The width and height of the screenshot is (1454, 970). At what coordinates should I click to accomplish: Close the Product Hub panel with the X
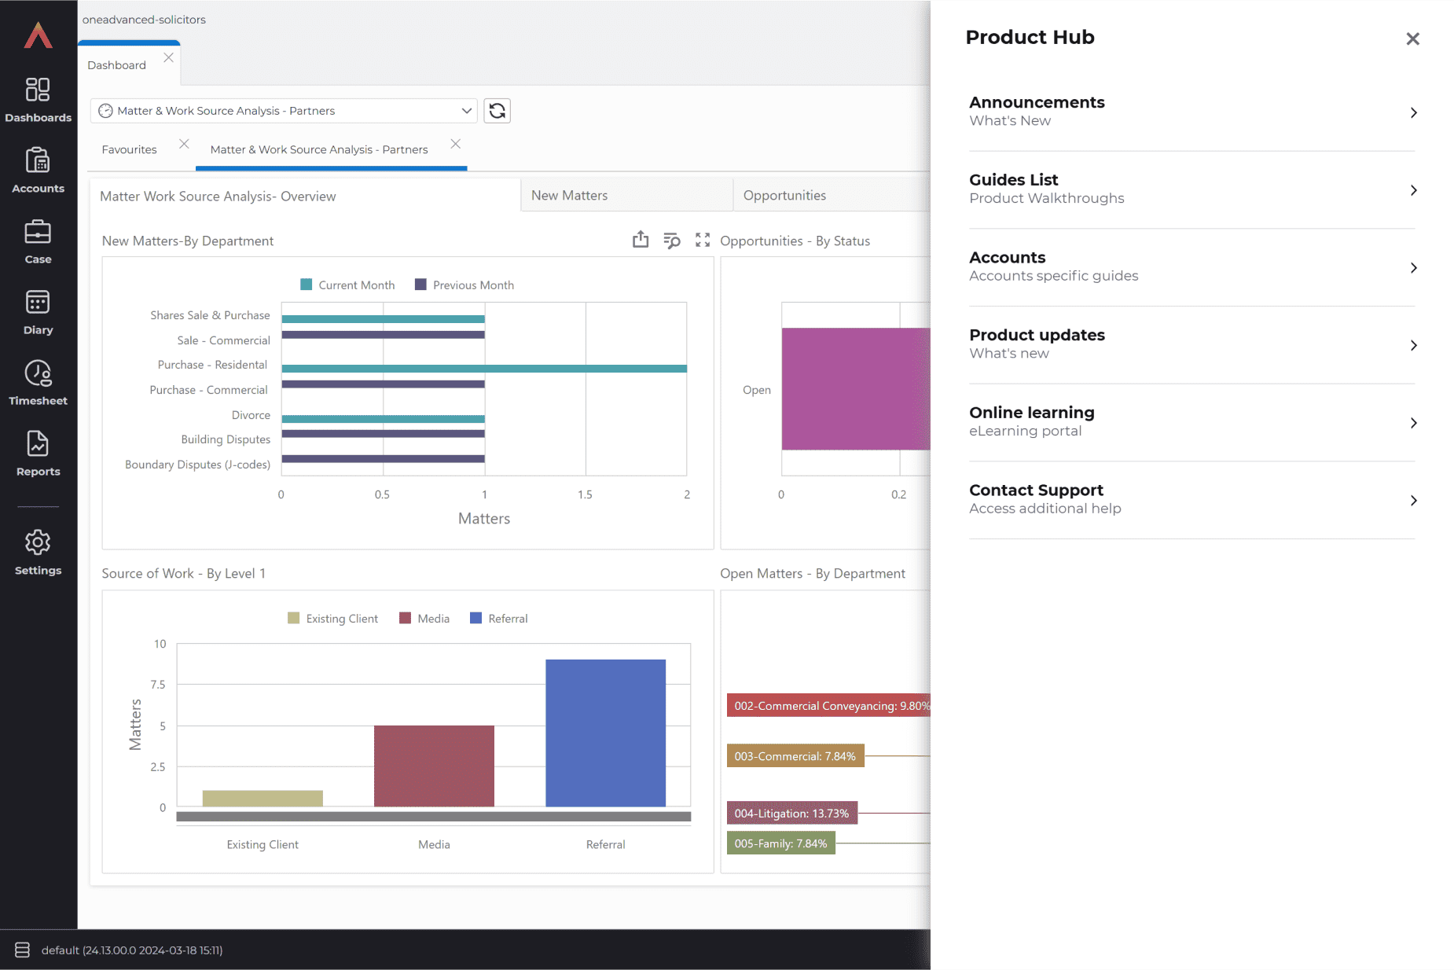click(1412, 39)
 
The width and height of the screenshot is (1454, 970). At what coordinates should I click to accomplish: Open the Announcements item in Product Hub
click(1191, 112)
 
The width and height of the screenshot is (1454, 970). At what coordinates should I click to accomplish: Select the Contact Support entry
click(1191, 499)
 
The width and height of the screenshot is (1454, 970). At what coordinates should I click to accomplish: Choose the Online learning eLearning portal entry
click(1191, 422)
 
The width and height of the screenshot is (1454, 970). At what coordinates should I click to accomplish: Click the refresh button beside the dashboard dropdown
click(497, 111)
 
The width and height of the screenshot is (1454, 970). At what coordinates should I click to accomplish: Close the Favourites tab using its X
click(184, 144)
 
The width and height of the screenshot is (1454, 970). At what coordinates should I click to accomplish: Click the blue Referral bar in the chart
click(605, 733)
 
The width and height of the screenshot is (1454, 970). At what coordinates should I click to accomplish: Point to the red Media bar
click(434, 766)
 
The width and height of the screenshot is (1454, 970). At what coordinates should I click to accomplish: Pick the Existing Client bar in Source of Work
click(263, 798)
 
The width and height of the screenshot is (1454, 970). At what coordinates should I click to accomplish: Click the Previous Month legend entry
click(464, 285)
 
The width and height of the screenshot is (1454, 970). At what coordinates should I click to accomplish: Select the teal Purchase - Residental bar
click(484, 369)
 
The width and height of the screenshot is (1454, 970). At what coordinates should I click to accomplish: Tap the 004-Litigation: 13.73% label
click(791, 814)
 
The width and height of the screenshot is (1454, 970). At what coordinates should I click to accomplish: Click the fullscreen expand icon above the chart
click(703, 241)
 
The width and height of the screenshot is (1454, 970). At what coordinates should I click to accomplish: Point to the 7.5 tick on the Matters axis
click(158, 685)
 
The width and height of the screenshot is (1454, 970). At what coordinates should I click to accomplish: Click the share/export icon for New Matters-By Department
click(641, 240)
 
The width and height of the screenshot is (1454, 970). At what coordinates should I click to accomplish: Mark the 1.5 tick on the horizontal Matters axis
click(585, 494)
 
